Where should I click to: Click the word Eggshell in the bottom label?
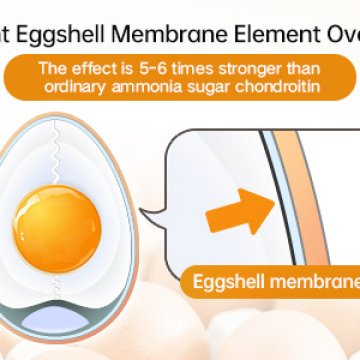click(x=227, y=279)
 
